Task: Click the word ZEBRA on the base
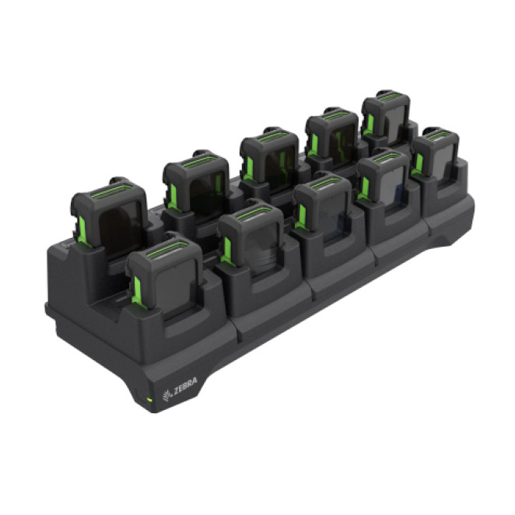(186, 386)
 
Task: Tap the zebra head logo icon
(167, 396)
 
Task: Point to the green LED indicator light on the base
(149, 400)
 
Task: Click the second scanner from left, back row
(196, 184)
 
